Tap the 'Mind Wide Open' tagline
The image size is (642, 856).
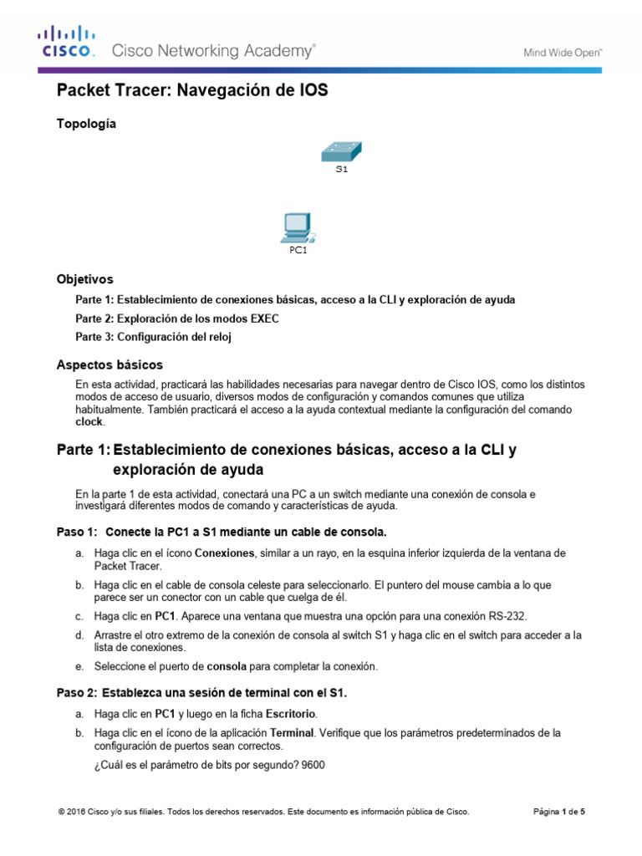[563, 52]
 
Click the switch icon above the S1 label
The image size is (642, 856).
[341, 151]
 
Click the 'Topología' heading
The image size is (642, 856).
[86, 124]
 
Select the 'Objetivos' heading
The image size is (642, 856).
[84, 279]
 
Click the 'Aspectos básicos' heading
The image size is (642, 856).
[110, 365]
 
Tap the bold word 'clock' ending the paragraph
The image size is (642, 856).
[89, 423]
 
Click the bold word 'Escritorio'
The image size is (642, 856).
[291, 713]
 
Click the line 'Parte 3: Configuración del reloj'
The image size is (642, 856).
[152, 337]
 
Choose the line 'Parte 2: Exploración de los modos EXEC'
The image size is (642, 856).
[177, 318]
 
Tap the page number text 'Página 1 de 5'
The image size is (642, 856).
[559, 811]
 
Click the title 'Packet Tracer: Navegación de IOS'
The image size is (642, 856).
[191, 91]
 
